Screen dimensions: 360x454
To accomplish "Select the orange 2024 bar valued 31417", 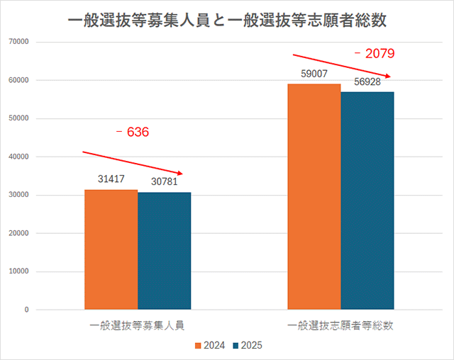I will [111, 249].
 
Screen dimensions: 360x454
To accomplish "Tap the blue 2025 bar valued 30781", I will [164, 251].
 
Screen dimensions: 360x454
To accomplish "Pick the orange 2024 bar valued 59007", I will [314, 196].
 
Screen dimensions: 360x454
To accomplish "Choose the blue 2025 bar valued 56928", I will [367, 201].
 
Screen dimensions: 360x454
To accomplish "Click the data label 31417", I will [111, 180].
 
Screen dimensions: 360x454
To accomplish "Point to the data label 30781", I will [164, 182].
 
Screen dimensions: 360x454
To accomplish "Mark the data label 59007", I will [314, 74].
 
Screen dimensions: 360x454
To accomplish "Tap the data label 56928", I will [367, 82].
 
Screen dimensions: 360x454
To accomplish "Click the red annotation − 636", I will [133, 132].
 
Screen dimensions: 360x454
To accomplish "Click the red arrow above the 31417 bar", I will [133, 162].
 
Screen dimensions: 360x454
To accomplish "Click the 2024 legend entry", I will [210, 345].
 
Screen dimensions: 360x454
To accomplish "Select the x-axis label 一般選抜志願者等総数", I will [340, 326].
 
